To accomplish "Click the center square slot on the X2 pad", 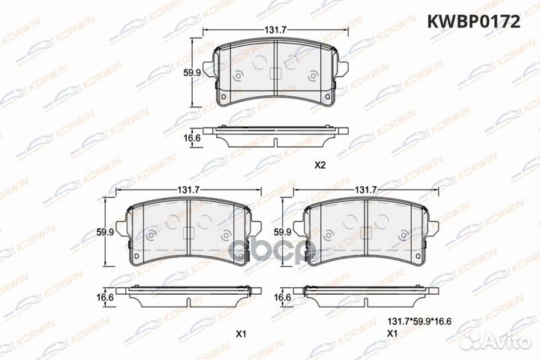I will click(x=274, y=74).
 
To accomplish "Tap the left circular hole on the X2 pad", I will click(x=237, y=75).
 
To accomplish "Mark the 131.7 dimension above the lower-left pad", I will click(x=187, y=190).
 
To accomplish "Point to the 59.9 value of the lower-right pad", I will click(x=283, y=232).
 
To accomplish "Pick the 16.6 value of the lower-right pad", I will click(x=283, y=298).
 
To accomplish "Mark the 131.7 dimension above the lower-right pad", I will click(x=365, y=190).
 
